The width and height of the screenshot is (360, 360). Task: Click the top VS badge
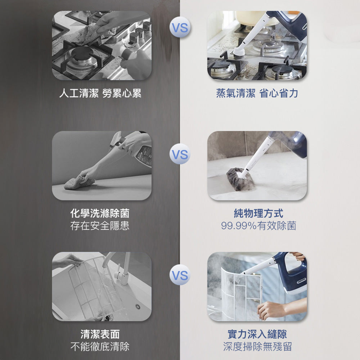(180, 27)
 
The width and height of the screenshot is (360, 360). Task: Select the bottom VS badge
(180, 275)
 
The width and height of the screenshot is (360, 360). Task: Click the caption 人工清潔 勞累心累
(100, 93)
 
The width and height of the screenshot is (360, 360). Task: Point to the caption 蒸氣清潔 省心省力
(257, 93)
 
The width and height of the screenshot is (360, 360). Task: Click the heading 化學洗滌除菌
(100, 213)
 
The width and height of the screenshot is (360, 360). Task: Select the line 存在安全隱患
(100, 225)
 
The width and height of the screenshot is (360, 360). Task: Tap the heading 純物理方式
(258, 213)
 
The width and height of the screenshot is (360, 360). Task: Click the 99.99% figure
(239, 226)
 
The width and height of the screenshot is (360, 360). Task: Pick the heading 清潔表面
(100, 334)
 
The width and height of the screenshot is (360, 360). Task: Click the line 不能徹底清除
(100, 346)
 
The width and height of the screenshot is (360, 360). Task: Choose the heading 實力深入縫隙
(257, 334)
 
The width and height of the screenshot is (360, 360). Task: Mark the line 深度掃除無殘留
(257, 346)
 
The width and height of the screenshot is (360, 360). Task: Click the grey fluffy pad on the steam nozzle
(240, 179)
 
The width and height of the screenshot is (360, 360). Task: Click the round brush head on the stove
(238, 54)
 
